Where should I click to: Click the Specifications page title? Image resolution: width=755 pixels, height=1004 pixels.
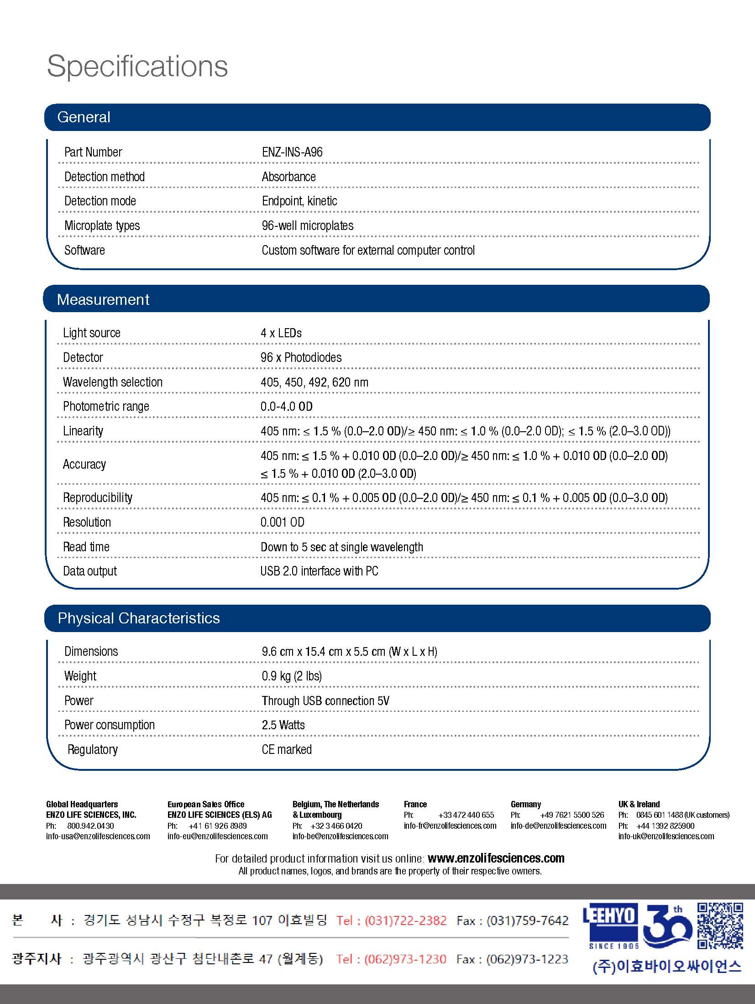(137, 67)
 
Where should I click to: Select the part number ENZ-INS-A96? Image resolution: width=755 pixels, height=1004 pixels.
(292, 152)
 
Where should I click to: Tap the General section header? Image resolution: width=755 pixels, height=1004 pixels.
(84, 117)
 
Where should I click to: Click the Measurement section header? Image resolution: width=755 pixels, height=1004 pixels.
(103, 299)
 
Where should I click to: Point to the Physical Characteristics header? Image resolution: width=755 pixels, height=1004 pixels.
(139, 618)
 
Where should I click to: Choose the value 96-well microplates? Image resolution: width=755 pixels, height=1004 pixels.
(308, 225)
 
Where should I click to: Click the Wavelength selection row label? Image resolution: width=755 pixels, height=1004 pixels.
(113, 382)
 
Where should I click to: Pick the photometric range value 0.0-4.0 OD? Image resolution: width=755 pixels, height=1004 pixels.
(287, 406)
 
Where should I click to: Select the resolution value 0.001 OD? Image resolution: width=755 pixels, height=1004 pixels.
(283, 522)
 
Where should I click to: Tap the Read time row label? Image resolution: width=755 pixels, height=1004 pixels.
(86, 547)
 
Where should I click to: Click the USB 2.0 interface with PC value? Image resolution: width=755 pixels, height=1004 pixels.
(320, 571)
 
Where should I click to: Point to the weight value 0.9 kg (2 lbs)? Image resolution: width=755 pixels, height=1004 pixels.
(292, 676)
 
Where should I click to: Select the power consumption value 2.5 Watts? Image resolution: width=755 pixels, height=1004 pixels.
(283, 725)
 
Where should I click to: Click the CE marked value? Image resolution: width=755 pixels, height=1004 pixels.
(287, 749)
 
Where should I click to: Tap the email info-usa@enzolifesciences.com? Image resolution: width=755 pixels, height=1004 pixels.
(98, 836)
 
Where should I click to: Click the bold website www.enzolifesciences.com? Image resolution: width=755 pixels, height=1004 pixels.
(496, 858)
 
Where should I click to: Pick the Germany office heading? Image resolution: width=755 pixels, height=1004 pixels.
(526, 804)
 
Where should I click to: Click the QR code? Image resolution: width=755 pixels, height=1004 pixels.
(720, 926)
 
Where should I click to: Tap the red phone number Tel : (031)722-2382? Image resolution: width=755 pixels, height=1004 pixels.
(392, 920)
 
